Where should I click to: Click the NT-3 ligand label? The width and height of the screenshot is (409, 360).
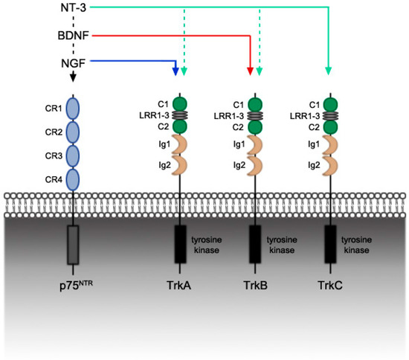[x=73, y=9]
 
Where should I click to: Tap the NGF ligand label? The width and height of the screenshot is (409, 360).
[x=73, y=62]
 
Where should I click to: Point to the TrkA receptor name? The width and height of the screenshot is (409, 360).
[x=179, y=283]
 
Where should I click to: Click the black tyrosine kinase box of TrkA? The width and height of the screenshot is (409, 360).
[x=179, y=243]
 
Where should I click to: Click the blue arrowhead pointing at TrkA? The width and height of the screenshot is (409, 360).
[x=175, y=71]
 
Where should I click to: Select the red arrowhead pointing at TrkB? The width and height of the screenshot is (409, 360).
[x=250, y=71]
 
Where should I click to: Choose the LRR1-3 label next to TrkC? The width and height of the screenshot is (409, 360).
[x=306, y=115]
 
